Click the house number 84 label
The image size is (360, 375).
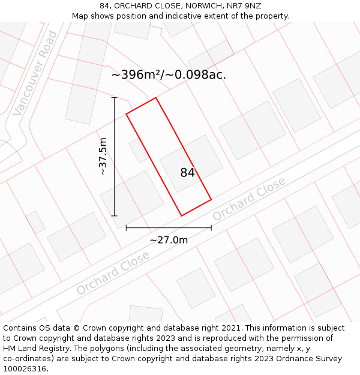[187, 173]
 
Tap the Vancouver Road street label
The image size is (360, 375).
[35, 73]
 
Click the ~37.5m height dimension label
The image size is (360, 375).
[103, 157]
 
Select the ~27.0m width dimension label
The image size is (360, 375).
[169, 240]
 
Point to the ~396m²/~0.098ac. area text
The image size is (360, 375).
[169, 75]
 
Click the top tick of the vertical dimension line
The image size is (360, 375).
[114, 97]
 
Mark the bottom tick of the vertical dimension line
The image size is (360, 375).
[114, 216]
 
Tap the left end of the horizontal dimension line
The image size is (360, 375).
[126, 228]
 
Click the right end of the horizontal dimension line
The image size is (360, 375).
[211, 228]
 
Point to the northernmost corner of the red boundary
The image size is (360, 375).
[156, 98]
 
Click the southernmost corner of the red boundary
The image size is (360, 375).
[182, 216]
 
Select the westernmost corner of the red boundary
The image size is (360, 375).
[126, 114]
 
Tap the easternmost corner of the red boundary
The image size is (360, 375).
[211, 199]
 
